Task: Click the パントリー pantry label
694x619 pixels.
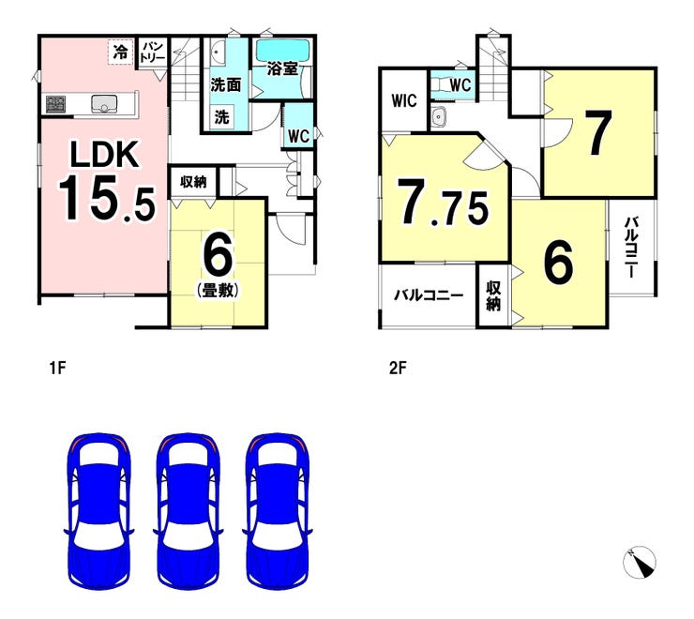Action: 154,51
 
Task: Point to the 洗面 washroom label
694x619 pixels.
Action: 226,84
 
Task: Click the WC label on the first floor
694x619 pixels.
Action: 298,136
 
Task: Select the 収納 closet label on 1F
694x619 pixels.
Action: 193,182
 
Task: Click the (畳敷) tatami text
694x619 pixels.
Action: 217,291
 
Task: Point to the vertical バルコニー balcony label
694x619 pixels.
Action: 631,247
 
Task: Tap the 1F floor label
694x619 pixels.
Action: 57,369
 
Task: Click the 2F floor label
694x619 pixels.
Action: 397,369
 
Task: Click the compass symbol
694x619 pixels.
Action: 640,561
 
